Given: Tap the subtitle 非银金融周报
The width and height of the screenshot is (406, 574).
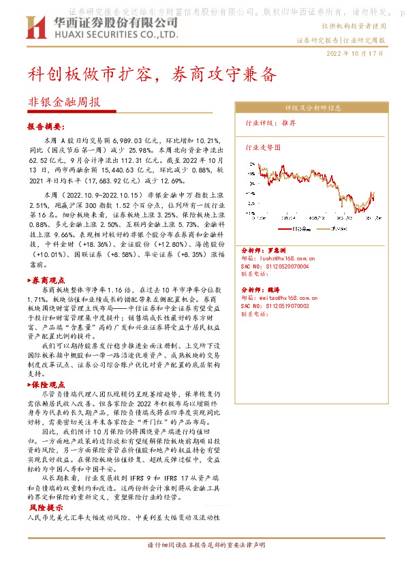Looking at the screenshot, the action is coord(65,102).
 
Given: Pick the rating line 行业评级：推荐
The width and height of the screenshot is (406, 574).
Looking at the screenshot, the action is coord(270,123).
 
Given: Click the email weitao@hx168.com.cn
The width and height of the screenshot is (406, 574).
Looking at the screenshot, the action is coord(280,298).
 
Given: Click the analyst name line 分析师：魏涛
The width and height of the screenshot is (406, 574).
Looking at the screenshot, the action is coord(261,290).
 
